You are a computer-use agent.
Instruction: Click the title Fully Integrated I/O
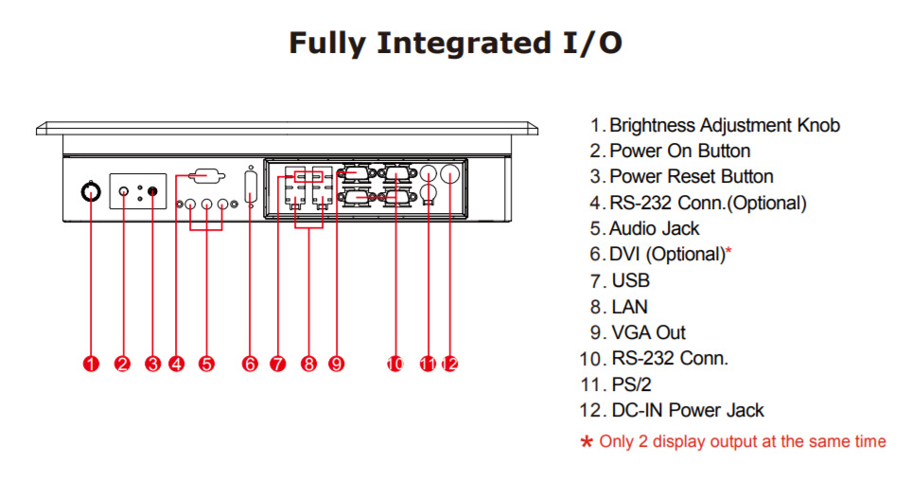[455, 44]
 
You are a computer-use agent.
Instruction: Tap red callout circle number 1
[91, 364]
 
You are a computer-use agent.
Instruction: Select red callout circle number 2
[122, 364]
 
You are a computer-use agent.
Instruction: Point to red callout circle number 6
[251, 364]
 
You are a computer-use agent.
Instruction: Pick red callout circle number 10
[395, 364]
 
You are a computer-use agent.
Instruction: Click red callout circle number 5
[207, 364]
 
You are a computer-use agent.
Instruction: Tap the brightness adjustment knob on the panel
[91, 192]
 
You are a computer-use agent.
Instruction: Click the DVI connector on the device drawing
[251, 186]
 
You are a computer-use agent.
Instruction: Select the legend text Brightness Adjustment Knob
[724, 125]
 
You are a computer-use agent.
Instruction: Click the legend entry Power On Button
[679, 151]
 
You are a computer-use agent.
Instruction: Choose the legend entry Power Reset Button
[691, 177]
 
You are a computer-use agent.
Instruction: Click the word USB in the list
[631, 281]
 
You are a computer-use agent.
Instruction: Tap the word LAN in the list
[630, 307]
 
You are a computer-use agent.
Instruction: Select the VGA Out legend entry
[648, 332]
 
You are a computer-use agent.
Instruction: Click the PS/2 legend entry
[631, 384]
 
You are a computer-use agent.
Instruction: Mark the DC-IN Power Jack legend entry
[687, 410]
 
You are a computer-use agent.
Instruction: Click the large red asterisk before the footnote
[587, 442]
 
